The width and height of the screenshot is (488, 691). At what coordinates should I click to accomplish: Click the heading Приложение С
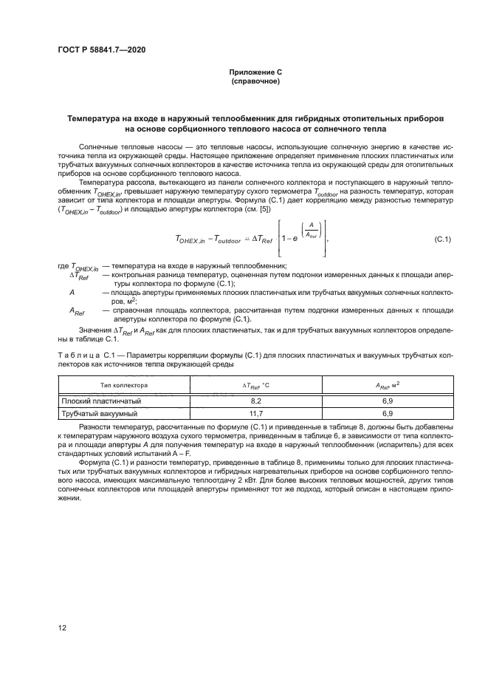point(255,72)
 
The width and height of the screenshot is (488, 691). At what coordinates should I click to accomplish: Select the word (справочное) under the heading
point(255,81)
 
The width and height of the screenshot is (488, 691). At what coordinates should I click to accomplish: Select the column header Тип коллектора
point(124,386)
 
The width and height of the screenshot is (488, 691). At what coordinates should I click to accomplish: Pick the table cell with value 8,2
point(256,401)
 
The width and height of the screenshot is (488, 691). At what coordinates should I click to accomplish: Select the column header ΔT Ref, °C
point(256,386)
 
